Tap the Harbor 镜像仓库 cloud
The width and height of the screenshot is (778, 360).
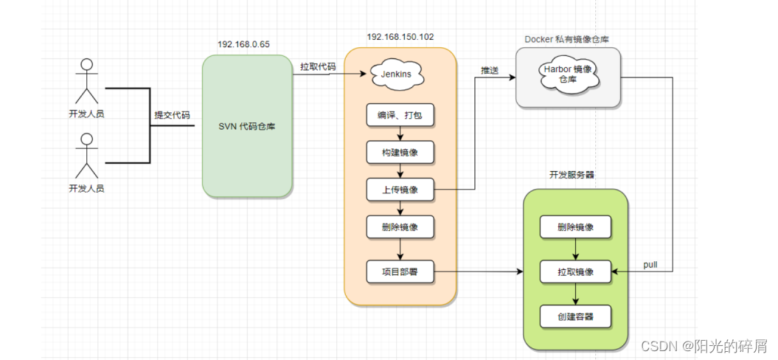(566, 73)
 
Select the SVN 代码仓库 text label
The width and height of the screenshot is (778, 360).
(246, 126)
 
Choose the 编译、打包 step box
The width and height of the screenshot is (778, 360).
(400, 115)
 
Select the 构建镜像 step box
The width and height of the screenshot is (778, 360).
(400, 153)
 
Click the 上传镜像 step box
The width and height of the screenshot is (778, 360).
(400, 190)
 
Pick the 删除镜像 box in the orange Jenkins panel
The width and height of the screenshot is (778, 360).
(400, 226)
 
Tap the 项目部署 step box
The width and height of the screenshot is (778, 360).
(400, 271)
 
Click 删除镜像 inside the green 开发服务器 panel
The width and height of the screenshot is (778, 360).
(575, 227)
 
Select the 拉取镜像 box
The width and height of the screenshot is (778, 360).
(575, 271)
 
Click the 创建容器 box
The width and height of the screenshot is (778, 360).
(575, 316)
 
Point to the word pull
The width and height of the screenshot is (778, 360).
(650, 264)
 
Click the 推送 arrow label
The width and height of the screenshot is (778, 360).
(490, 70)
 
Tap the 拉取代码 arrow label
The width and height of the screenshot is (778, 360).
(318, 66)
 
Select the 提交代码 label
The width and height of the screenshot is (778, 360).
(172, 115)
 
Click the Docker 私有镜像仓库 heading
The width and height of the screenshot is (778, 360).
(566, 38)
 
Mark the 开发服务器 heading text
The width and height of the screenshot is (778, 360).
(572, 175)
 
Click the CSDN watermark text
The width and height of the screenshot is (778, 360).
(704, 346)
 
